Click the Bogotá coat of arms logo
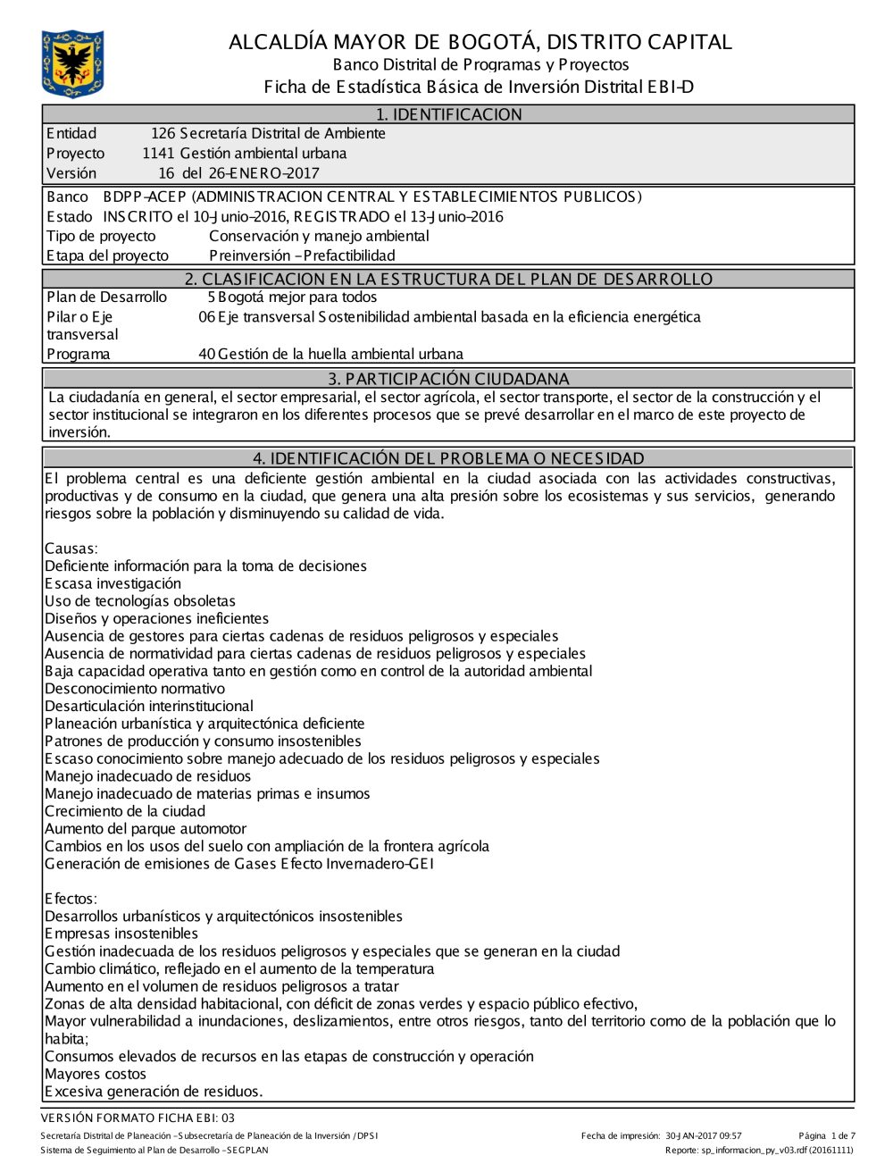point(72,63)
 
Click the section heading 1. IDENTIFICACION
point(448,114)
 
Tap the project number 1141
point(158,154)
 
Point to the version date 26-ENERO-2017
point(263,173)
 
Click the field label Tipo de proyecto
point(101,237)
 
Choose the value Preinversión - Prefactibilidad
point(302,256)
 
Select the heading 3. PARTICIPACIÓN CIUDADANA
point(448,379)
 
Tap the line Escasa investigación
point(113,584)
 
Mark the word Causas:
point(71,549)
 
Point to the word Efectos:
point(71,900)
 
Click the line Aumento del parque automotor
point(146,829)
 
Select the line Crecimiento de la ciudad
point(125,812)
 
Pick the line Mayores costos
point(96,1075)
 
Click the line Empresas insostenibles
point(121,934)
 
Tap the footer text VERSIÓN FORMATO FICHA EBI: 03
point(138,1118)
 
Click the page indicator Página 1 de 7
point(827,1136)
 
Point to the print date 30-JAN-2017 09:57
point(704,1136)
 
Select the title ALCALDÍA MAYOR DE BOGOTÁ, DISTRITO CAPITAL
point(480,42)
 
